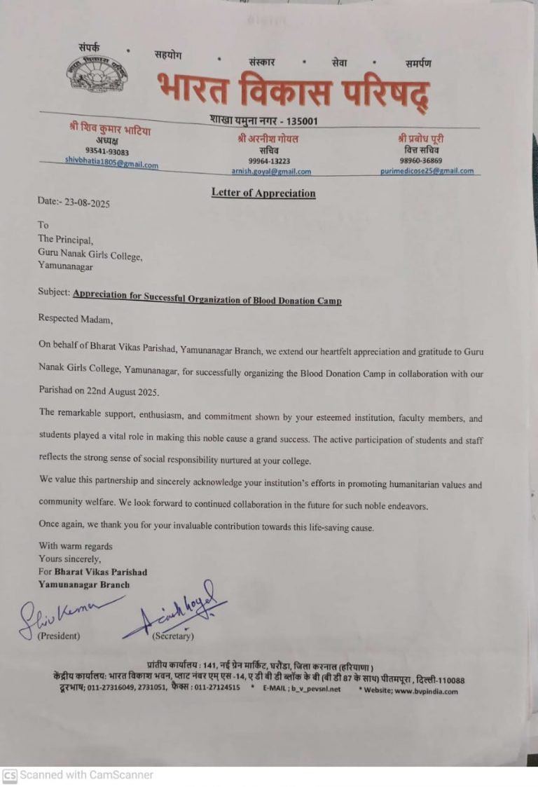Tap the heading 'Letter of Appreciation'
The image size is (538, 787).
(x=263, y=193)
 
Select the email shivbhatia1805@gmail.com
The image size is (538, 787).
(x=111, y=161)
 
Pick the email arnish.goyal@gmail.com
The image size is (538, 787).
(x=271, y=170)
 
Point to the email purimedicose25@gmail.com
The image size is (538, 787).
(x=427, y=170)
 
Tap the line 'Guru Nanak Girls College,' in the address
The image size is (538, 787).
(x=90, y=256)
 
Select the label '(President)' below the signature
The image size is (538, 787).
(x=58, y=636)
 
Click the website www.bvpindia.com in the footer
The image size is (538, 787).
(x=425, y=691)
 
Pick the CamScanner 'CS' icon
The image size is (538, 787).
(x=10, y=775)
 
